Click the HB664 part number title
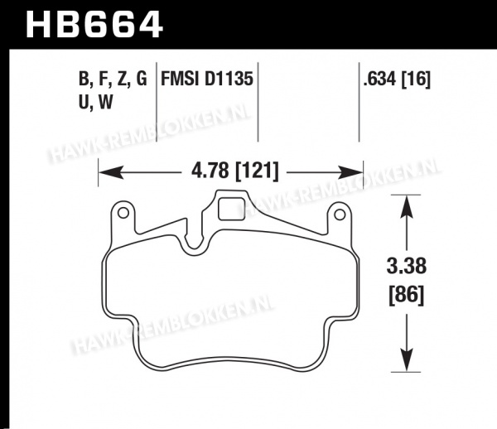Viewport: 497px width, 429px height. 94,25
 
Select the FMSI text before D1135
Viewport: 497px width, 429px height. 180,79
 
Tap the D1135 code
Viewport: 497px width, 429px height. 229,79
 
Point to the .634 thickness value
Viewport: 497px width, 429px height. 379,79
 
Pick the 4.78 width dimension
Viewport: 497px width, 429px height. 210,171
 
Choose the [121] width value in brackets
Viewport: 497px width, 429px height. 257,171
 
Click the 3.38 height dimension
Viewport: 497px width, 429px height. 407,266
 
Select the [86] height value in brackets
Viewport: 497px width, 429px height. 407,296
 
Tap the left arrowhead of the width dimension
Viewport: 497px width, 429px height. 111,172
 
